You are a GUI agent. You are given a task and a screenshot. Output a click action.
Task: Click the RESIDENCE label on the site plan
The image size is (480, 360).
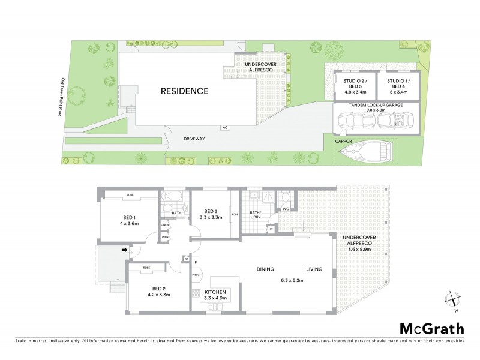[184, 92]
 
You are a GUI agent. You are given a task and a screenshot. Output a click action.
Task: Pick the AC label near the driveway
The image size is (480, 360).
[225, 127]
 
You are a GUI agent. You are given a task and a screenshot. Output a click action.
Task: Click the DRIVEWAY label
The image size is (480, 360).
[194, 139]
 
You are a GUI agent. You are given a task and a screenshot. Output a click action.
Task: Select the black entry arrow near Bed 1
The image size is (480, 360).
[126, 251]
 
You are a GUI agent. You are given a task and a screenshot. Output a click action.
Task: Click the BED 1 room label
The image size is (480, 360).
[130, 217]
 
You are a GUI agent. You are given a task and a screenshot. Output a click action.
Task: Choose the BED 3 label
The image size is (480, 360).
[210, 211]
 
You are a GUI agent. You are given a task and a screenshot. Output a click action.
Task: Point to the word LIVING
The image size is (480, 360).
[314, 269]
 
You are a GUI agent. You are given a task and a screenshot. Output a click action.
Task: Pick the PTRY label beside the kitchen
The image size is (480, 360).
[196, 275]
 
